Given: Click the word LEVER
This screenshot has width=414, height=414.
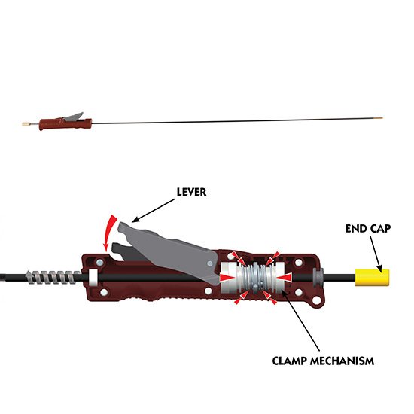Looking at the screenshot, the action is pos(191,192).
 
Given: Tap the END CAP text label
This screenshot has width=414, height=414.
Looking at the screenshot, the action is pos(368,229).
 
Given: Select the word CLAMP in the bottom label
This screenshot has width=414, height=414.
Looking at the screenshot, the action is pos(290,361).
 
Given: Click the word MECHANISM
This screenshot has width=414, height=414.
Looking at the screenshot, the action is pos(342,361).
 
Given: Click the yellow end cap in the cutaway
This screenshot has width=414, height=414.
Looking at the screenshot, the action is pos(372,277).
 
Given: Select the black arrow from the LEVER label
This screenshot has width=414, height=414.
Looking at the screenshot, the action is pos(153,211).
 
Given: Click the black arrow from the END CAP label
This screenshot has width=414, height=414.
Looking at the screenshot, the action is pos(375,254).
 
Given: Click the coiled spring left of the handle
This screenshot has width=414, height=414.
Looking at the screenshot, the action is pos(53,277).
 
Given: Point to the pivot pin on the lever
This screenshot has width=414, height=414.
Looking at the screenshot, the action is pos(210,263).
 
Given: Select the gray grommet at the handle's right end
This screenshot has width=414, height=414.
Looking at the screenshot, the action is pos(318,277).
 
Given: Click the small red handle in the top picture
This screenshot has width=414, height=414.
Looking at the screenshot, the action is pos(65,124).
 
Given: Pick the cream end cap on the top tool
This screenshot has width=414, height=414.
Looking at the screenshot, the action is pos(26,124).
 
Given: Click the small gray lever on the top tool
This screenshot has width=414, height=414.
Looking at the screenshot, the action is pos(74,117).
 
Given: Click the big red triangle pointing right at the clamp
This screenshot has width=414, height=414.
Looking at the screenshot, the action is pos(227,277).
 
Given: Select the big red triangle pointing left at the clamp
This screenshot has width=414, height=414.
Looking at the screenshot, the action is pos(285,278).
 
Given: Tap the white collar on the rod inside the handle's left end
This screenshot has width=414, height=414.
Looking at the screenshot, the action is pos(93,278).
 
